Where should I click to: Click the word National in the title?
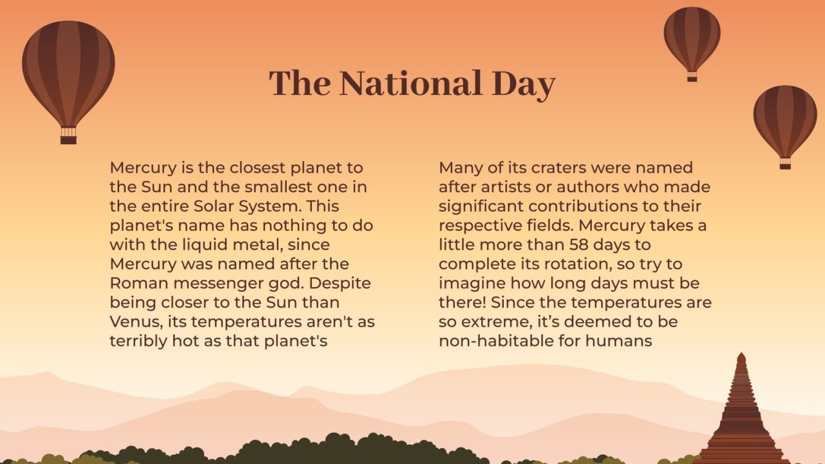coord(411,84)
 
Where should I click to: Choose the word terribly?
coord(139,341)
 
